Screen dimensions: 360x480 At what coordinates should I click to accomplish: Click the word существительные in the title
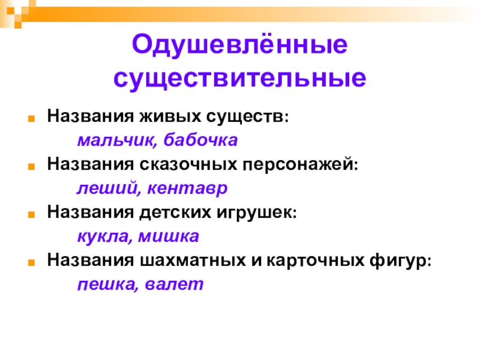(239, 79)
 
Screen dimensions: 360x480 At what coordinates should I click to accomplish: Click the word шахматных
(193, 260)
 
